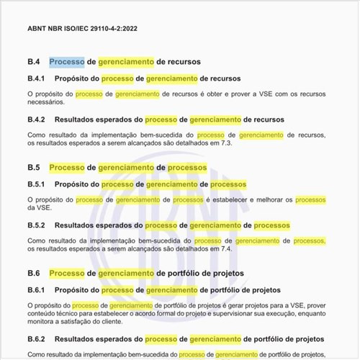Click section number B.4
pos(33,62)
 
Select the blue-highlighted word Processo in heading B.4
pos(67,62)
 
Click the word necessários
pos(48,102)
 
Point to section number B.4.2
pos(37,120)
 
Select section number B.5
pos(33,168)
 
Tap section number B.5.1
pos(37,184)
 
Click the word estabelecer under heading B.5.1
pos(233,199)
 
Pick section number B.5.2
pos(37,225)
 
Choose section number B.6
pos(33,274)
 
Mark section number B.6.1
pos(37,290)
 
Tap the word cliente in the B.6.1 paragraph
pos(132,323)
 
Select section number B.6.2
pos(37,338)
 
